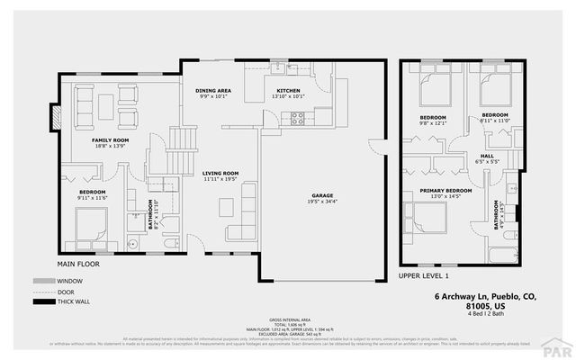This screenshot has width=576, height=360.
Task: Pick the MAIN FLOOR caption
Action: coord(78,265)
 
